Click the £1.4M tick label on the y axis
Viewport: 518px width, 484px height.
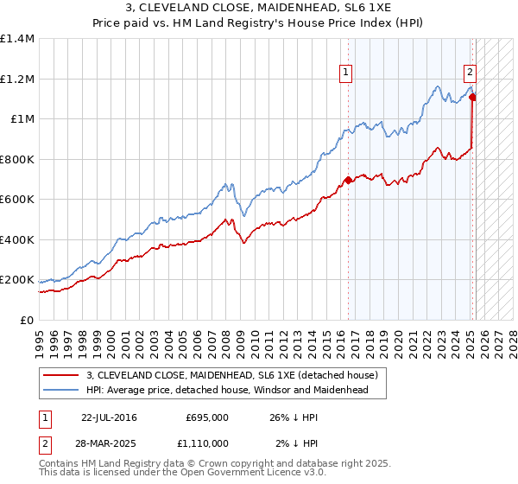pyautogui.click(x=17, y=39)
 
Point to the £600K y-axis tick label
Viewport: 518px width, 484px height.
pyautogui.click(x=17, y=200)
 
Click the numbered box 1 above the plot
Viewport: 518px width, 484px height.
pyautogui.click(x=346, y=73)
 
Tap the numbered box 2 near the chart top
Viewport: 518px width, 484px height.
pyautogui.click(x=471, y=73)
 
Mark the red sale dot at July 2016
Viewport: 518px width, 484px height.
pyautogui.click(x=348, y=180)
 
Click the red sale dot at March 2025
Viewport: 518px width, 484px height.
pyautogui.click(x=472, y=97)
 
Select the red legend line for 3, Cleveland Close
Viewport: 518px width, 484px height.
pyautogui.click(x=62, y=376)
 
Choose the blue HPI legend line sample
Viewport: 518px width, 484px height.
pyautogui.click(x=62, y=390)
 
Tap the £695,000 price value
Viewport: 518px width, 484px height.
pyautogui.click(x=207, y=417)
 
